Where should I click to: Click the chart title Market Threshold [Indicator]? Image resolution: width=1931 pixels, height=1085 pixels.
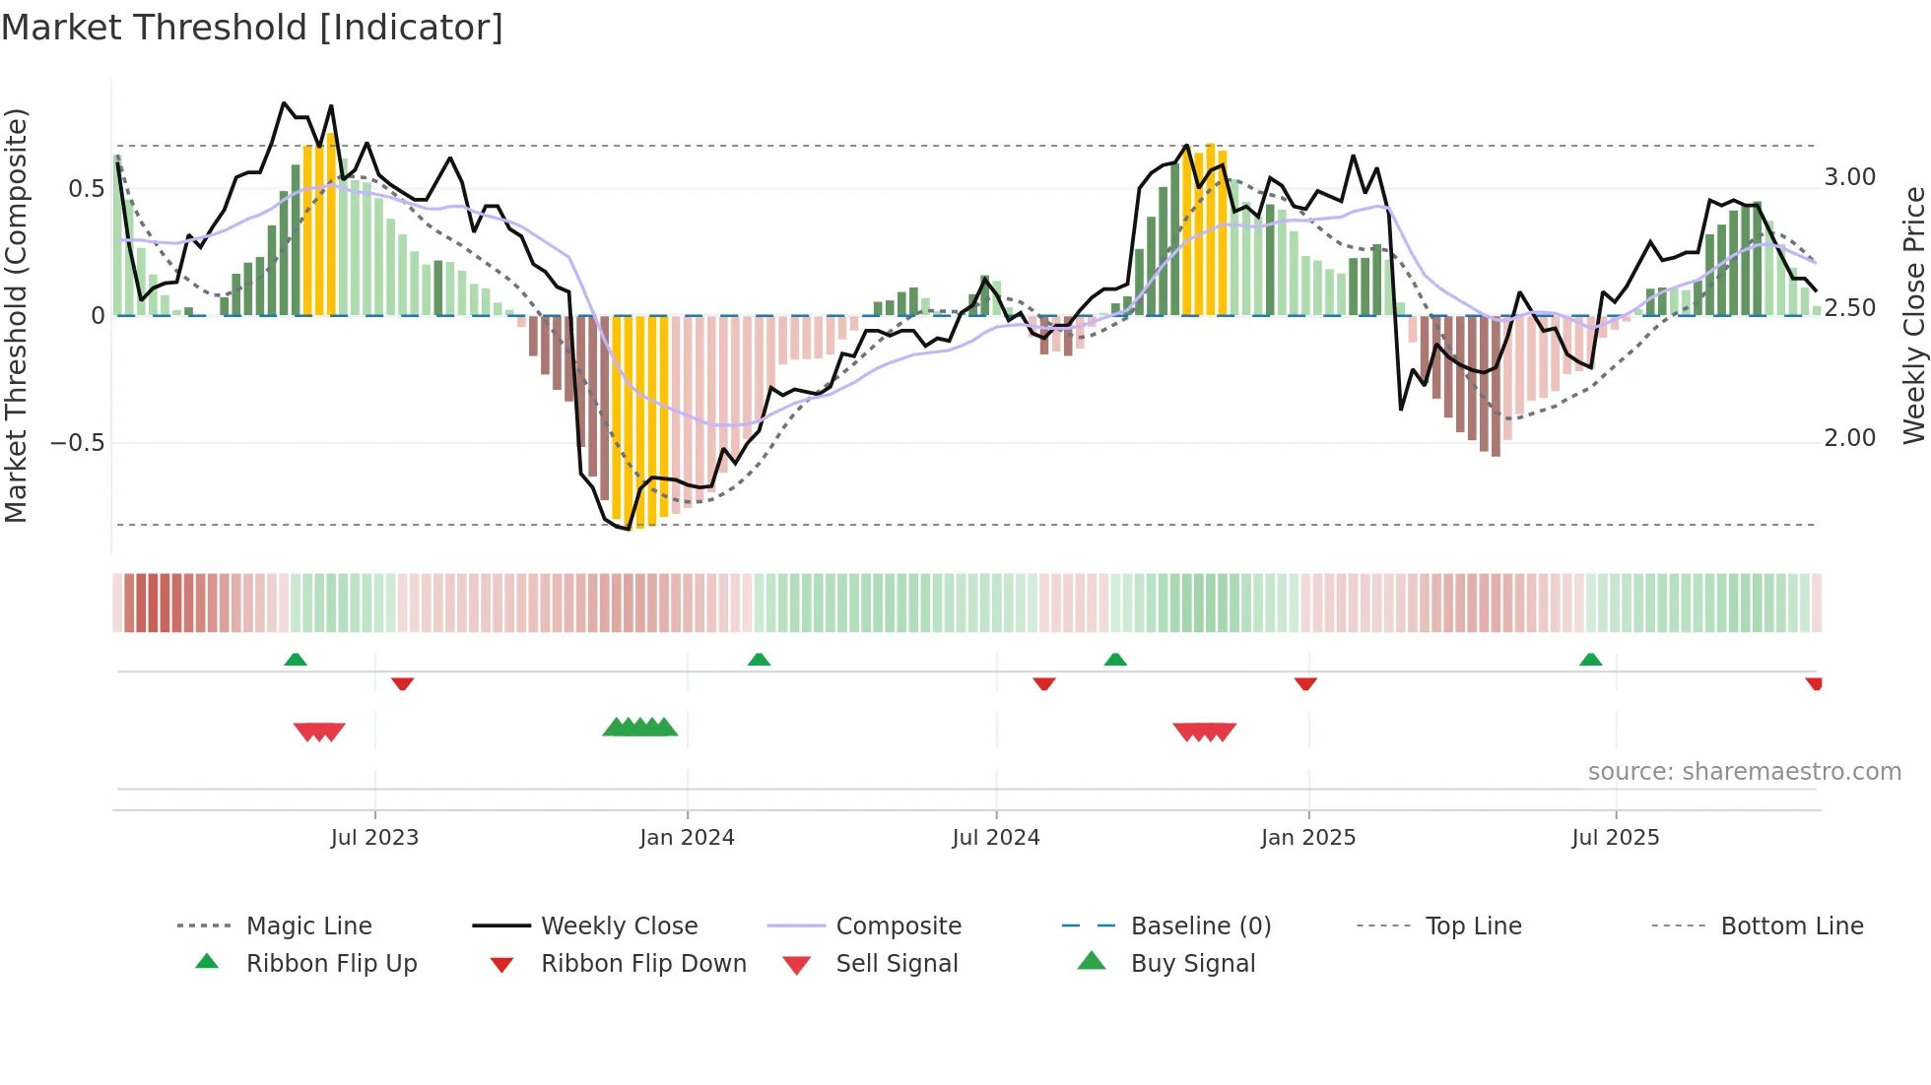point(252,28)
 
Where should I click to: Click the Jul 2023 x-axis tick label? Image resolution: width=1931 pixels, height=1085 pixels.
point(374,838)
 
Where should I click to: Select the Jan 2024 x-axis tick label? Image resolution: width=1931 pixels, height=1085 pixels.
point(687,838)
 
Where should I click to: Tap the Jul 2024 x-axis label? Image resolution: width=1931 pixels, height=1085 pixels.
point(996,838)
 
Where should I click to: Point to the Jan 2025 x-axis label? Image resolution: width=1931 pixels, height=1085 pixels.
point(1308,838)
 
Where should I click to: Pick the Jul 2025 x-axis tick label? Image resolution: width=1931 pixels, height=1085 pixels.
point(1616,838)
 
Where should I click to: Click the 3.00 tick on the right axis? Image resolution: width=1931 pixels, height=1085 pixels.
point(1850,177)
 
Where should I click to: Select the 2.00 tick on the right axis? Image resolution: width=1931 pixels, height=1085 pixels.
point(1850,438)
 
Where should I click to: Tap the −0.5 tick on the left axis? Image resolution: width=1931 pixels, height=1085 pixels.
point(78,443)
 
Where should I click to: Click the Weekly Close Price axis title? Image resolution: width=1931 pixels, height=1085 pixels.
point(1913,315)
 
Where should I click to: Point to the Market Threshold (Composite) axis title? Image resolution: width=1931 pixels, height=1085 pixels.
point(17,315)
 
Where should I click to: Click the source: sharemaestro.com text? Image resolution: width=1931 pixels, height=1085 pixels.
point(1744,772)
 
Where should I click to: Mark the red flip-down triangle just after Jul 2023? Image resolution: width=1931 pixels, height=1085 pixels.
point(402,683)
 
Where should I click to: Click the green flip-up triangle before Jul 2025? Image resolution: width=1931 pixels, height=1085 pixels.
point(1590,660)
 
